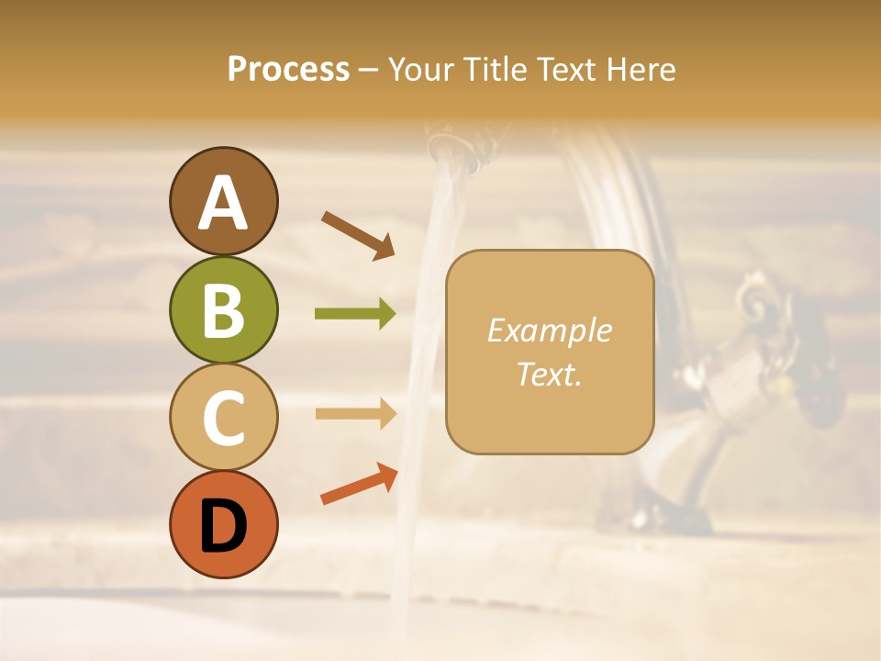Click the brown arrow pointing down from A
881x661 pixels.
point(357,235)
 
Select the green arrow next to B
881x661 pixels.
point(355,314)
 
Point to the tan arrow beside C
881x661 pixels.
point(355,413)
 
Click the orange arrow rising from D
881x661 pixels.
point(359,485)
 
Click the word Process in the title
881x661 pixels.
point(288,69)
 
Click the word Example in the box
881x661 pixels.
point(549,330)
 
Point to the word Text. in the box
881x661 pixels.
point(549,375)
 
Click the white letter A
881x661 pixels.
point(223,204)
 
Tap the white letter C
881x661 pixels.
point(223,418)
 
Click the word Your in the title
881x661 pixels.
point(424,69)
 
